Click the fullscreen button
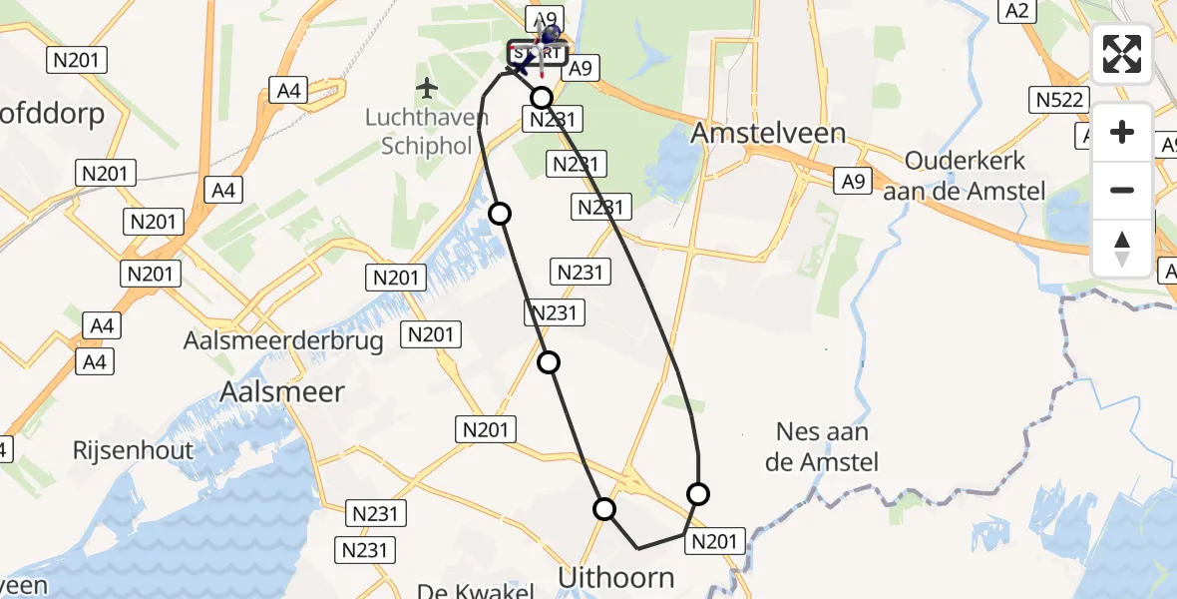1122,54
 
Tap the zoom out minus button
1122,190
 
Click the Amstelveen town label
768,133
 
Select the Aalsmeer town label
282,391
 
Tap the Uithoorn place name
616,577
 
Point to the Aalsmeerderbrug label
283,341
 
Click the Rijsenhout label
133,450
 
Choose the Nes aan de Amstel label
822,446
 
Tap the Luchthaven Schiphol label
427,132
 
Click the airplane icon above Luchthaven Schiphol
428,89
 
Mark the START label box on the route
537,52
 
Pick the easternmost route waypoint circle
698,493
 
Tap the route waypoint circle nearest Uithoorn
604,509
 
